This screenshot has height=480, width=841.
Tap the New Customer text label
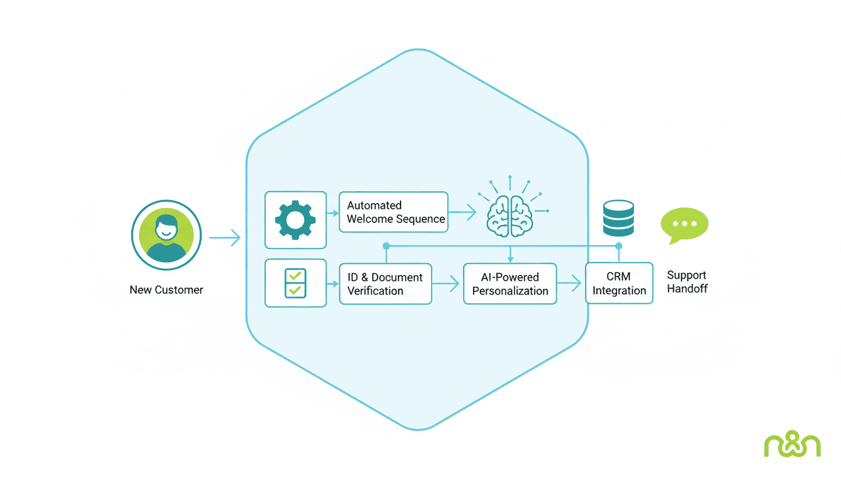[166, 290]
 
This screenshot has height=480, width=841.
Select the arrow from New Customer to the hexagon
[225, 238]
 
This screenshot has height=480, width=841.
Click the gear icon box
[295, 220]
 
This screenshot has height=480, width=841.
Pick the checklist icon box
[295, 283]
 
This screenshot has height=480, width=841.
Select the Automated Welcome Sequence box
[394, 212]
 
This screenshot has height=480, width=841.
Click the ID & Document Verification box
[385, 284]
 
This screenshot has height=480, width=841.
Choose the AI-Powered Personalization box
[509, 284]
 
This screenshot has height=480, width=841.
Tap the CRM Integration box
[619, 283]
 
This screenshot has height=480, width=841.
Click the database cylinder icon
[618, 218]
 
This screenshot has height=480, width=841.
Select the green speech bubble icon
[685, 224]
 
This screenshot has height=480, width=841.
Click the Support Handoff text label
[687, 282]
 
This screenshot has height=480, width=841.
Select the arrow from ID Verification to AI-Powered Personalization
[446, 284]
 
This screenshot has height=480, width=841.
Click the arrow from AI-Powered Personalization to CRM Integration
[569, 284]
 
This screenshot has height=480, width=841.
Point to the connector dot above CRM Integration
[618, 246]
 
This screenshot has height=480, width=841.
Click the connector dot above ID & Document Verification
[386, 246]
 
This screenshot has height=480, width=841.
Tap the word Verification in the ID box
[375, 291]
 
